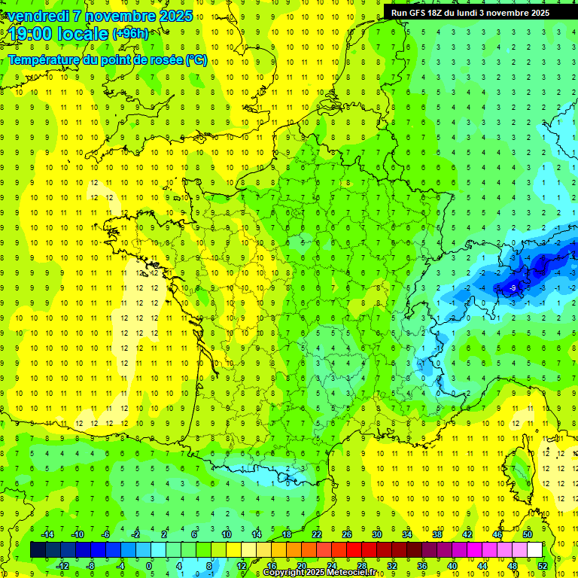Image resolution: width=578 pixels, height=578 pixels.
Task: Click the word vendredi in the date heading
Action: point(37,16)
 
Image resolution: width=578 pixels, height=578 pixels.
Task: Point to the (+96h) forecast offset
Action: point(130,34)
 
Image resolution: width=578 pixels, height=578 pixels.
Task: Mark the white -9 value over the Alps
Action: point(512,287)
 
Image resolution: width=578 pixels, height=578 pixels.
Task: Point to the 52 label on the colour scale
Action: point(543,565)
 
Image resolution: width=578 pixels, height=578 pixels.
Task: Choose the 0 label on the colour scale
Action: point(149,565)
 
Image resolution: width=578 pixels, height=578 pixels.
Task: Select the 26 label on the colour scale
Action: point(346,534)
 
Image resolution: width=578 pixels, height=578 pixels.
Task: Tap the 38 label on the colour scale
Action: point(437,534)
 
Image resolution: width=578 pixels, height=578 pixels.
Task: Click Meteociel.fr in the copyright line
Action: point(361,573)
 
